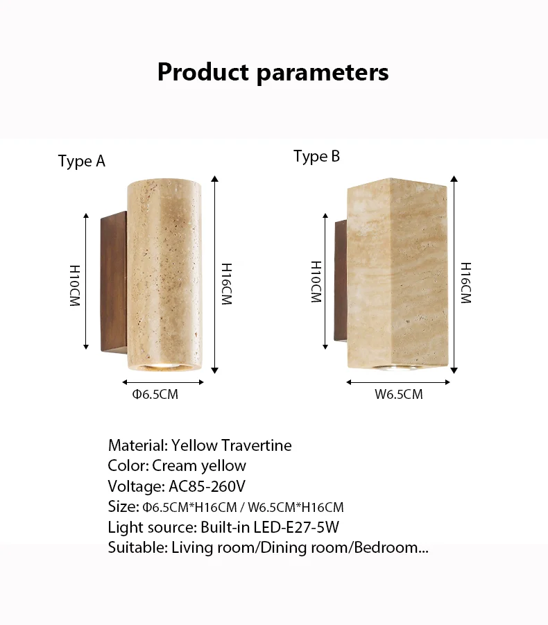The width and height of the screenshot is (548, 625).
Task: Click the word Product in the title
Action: point(203,72)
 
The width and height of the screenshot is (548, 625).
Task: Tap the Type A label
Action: point(82,162)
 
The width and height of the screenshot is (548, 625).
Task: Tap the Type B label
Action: point(316,156)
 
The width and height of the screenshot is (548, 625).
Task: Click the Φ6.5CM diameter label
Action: point(155,395)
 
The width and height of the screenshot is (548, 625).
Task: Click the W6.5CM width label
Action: point(399,395)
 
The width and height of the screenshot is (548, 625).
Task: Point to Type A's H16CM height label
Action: point(227,283)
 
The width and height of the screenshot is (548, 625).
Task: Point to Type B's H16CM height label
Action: point(465,283)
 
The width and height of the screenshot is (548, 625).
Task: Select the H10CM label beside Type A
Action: point(74,285)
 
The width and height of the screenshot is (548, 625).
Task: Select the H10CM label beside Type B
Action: point(316,282)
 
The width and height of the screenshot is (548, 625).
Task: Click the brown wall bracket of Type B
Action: point(341,280)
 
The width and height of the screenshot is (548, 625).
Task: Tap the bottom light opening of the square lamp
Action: point(397,366)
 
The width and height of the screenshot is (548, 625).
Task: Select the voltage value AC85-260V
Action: point(207,486)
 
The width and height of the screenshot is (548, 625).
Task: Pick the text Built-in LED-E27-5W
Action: point(270,527)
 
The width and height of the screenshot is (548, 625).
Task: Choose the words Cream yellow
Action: point(199,465)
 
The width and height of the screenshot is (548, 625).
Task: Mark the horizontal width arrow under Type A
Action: point(164,382)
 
